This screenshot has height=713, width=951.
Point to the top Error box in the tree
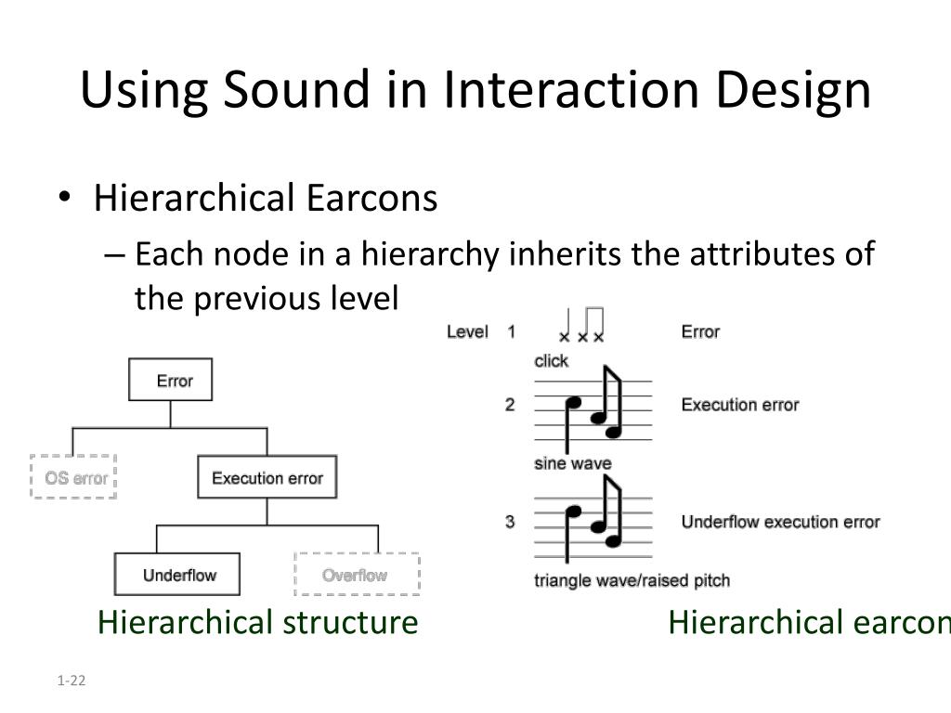(x=171, y=381)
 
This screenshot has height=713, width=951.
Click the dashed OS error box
(x=73, y=477)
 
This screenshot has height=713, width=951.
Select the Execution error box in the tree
(x=267, y=478)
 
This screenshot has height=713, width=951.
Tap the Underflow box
(x=177, y=575)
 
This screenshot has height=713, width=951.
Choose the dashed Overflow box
(x=357, y=575)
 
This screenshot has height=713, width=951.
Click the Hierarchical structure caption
(x=257, y=622)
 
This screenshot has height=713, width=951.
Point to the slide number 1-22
(x=71, y=681)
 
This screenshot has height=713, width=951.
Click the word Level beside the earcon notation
(x=467, y=331)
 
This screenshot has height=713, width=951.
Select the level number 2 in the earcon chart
(x=510, y=405)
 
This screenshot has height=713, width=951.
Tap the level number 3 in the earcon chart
(x=510, y=522)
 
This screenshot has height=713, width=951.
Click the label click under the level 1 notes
(x=551, y=361)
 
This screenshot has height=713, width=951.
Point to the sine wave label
(x=572, y=463)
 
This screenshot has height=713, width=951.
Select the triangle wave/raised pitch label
(x=632, y=581)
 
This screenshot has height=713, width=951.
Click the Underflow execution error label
(x=780, y=522)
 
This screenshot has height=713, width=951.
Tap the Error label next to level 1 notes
(x=700, y=331)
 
